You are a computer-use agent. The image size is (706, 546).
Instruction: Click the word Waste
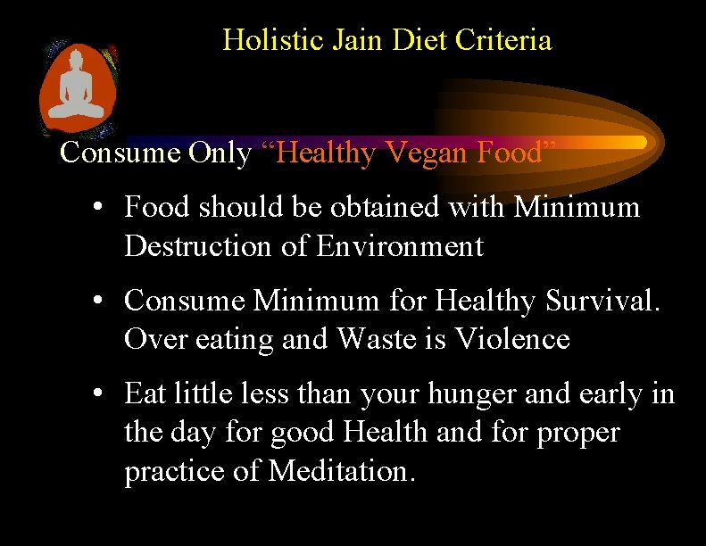(379, 339)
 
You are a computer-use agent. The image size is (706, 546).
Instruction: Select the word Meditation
(342, 471)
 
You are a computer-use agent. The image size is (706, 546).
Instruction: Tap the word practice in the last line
(175, 471)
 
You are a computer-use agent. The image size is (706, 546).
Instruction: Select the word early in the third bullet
(603, 393)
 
